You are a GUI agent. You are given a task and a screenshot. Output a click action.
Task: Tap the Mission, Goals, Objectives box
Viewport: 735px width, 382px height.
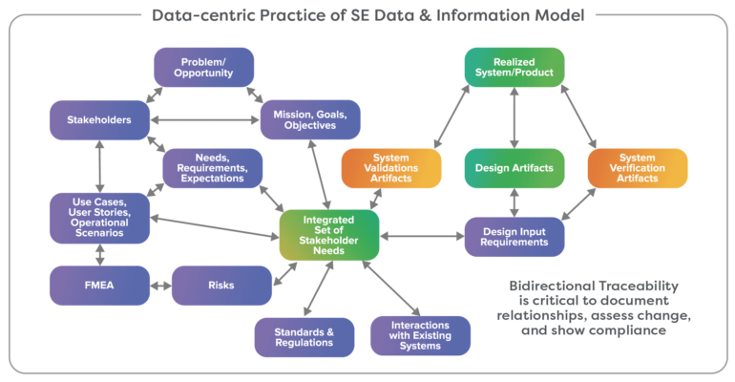pyautogui.click(x=310, y=119)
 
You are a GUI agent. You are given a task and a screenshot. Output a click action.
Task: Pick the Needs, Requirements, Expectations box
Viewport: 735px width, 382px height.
pyautogui.click(x=212, y=167)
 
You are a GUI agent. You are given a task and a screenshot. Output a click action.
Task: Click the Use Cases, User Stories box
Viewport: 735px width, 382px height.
pyautogui.click(x=99, y=218)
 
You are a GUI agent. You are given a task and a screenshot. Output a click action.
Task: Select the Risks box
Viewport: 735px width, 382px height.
pyautogui.click(x=220, y=285)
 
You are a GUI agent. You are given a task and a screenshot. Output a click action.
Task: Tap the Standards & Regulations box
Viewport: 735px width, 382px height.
pyautogui.click(x=304, y=336)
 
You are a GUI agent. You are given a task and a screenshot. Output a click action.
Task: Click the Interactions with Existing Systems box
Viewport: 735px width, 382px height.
pyautogui.click(x=420, y=336)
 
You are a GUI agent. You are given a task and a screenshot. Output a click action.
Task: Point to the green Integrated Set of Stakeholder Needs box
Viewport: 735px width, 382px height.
pyautogui.click(x=329, y=235)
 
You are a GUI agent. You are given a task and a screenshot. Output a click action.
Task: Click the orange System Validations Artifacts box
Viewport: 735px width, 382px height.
pyautogui.click(x=391, y=168)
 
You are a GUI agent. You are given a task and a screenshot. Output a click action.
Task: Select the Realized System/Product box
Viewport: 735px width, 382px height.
pyautogui.click(x=514, y=67)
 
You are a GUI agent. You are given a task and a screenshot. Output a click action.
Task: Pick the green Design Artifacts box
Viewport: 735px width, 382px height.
pyautogui.click(x=514, y=168)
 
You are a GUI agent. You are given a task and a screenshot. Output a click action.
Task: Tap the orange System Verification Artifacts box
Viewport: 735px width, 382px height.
pyautogui.click(x=637, y=168)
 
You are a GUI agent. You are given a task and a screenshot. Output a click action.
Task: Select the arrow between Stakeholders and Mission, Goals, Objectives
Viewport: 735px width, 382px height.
pyautogui.click(x=204, y=119)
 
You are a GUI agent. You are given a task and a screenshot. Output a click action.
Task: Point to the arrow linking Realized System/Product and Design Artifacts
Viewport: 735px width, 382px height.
pyautogui.click(x=514, y=117)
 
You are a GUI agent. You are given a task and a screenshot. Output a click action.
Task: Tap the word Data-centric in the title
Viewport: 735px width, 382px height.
pyautogui.click(x=192, y=14)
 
